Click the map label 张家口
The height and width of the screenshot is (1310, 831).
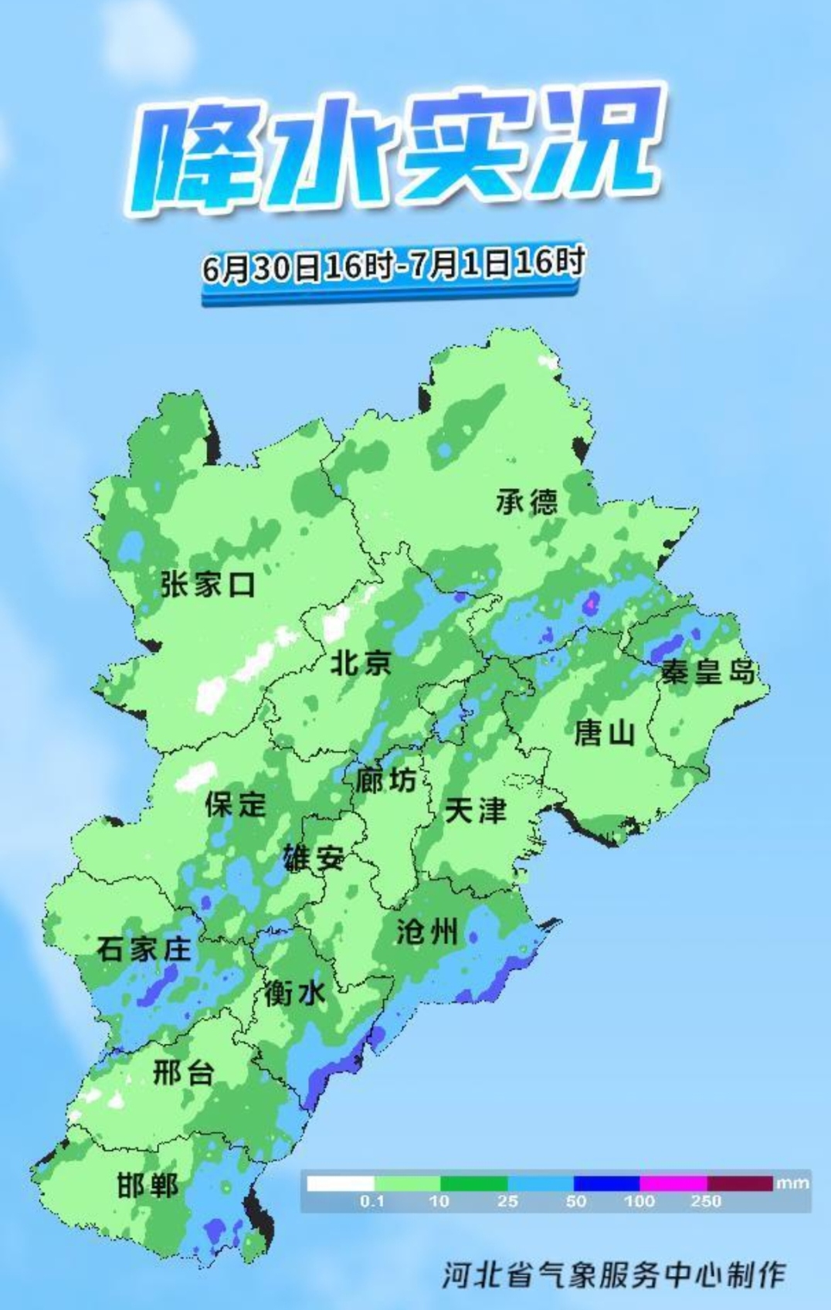click(x=208, y=585)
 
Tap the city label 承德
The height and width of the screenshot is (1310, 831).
click(x=527, y=502)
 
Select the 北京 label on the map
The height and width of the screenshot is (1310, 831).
click(x=361, y=663)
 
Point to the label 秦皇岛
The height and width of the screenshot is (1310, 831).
click(x=708, y=672)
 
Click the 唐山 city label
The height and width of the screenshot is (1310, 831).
click(x=604, y=731)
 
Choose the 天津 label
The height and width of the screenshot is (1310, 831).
click(x=476, y=810)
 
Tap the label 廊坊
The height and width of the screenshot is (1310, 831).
click(x=386, y=780)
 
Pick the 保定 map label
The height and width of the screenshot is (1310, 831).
click(x=236, y=804)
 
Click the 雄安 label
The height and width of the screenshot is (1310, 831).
click(x=313, y=858)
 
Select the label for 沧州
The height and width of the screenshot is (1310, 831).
click(x=427, y=932)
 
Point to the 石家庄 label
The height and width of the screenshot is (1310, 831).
click(x=144, y=949)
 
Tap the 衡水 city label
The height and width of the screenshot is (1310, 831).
click(x=294, y=993)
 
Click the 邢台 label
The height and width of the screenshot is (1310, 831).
click(x=183, y=1073)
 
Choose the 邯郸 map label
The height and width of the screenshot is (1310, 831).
click(x=148, y=1185)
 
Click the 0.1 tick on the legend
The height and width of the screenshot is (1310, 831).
click(x=371, y=1202)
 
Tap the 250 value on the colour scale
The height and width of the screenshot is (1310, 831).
click(x=706, y=1202)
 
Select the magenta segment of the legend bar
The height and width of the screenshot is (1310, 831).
click(x=673, y=1183)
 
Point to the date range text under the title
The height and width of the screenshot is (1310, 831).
click(x=393, y=266)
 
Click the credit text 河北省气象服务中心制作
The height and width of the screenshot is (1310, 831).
click(x=614, y=1274)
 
